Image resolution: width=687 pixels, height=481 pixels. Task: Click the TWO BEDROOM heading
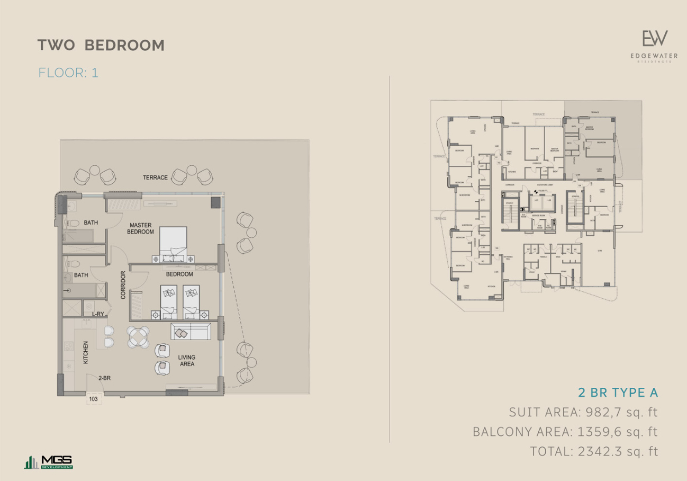101,46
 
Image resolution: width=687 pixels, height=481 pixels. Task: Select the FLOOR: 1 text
68,73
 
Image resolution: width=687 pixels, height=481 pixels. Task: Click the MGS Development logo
49,462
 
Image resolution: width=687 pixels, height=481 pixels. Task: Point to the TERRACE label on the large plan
155,177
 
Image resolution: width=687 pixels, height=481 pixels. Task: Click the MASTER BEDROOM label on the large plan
140,228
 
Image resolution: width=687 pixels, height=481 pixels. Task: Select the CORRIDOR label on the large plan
123,285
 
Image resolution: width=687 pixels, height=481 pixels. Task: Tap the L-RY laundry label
98,314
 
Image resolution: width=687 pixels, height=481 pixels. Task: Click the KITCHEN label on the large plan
86,352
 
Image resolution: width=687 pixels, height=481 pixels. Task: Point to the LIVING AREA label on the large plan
187,360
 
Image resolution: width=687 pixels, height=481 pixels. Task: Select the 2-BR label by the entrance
104,378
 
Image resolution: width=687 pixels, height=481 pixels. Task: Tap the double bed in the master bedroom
173,243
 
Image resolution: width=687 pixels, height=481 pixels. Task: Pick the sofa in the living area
191,332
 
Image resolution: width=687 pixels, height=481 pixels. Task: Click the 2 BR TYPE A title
618,393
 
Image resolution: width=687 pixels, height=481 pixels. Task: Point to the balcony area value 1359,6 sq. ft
615,432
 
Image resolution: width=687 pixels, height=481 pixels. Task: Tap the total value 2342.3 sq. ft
620,451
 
